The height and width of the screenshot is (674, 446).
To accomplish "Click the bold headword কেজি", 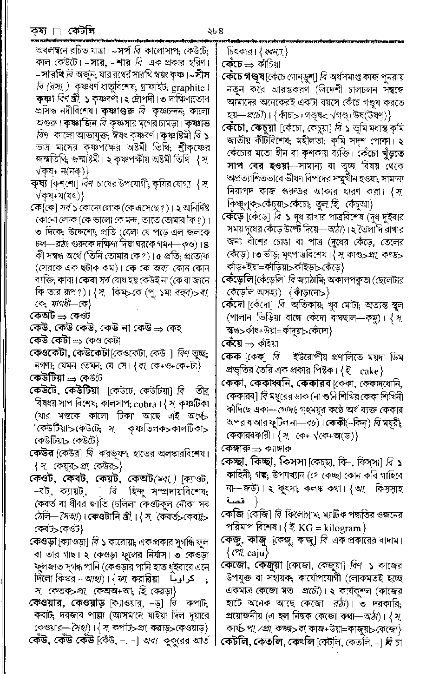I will pos(233,515).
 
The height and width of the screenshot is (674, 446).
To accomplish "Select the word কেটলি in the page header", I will pos(81,31).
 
